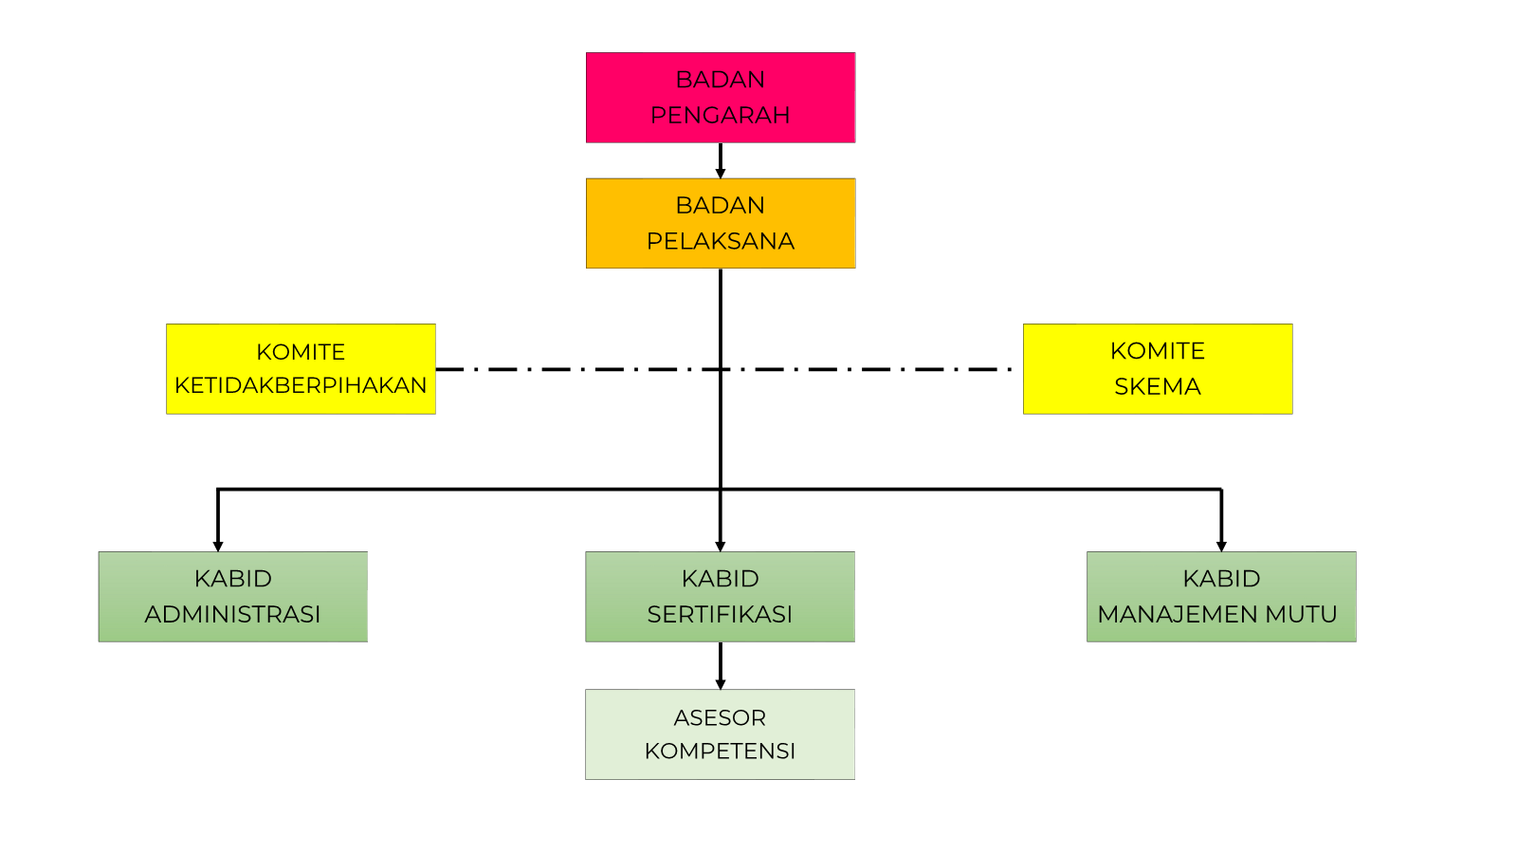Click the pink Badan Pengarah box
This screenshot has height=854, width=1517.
721,97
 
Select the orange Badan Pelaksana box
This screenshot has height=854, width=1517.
721,223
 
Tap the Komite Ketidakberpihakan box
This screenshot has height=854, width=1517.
301,368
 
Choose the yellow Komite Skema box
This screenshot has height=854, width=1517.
1158,368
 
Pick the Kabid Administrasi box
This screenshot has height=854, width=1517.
232,596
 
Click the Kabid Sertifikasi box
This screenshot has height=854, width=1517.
720,596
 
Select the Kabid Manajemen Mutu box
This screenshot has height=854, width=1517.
1221,596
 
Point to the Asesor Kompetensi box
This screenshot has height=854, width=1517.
720,733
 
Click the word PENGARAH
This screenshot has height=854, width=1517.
721,115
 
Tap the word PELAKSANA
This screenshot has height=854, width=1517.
721,241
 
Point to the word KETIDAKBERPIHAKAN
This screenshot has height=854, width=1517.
301,385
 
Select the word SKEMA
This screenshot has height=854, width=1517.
1158,386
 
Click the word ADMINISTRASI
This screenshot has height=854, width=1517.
232,614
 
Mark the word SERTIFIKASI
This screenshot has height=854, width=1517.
720,614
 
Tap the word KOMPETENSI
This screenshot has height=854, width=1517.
720,751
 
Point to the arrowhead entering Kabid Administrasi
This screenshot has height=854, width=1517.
218,546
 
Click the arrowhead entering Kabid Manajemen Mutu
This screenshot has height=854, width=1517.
1221,546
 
